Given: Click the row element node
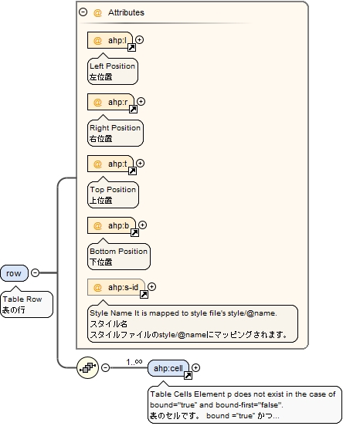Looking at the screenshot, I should pos(14,272).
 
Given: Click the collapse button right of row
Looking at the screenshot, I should pos(35,272).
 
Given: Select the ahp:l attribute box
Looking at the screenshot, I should pos(110,39).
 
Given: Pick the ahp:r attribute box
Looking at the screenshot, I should pos(110,102).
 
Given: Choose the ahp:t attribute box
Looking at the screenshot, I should pos(110,164).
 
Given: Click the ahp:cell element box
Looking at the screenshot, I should pos(168,367).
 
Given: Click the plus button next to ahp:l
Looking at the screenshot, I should pos(140,39).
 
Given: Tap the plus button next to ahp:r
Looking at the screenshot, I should pos(141,101).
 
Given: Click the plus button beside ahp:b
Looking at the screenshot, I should pos(142,225).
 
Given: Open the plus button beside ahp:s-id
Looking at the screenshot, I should pos(151,287).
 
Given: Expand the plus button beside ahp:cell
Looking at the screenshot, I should pos(196,367).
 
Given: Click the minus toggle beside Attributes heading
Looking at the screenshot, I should pos(83,12).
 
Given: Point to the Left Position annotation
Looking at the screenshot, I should pos(112,71).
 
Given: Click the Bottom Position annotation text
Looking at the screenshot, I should pos(118,256).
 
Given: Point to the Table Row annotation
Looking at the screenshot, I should pos(26,304).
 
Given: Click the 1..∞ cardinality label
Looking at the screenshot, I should pos(134,361).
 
